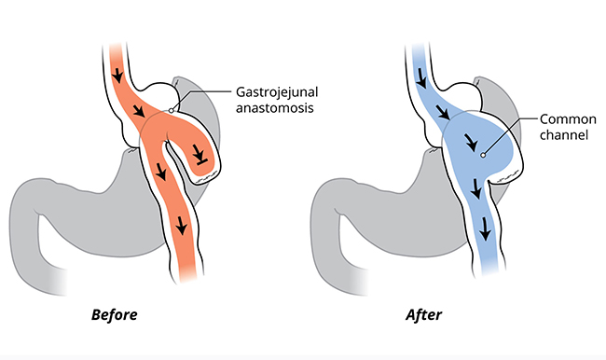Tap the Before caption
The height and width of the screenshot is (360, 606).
click(115, 314)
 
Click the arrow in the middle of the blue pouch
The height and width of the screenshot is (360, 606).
click(471, 143)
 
